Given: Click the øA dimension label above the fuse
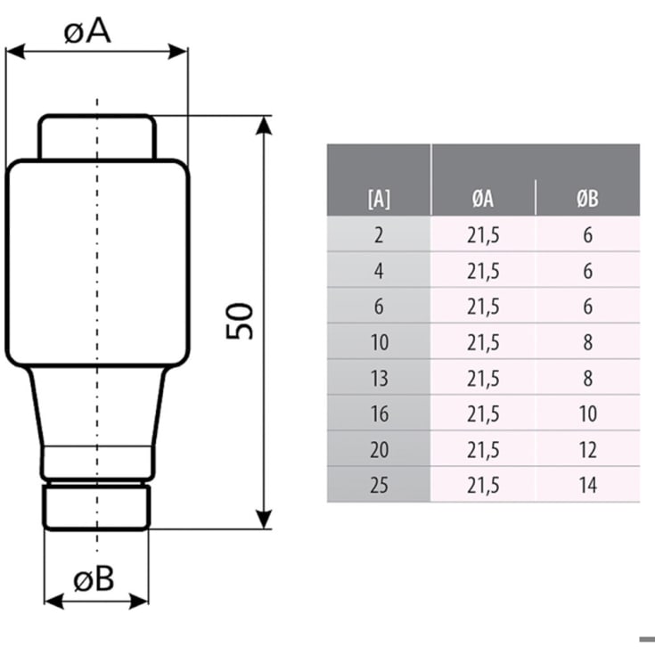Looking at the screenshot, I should coord(87,31).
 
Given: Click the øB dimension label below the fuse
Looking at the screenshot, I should coord(93,580).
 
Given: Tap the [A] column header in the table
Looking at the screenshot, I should coord(379,199).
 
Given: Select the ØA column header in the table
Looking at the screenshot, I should coord(482,199).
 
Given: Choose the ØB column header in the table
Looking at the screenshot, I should coord(587,199).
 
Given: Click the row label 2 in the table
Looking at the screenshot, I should coord(379,235).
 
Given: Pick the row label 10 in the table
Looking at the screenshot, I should coord(379,342).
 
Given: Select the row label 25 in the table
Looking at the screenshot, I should coord(379,485).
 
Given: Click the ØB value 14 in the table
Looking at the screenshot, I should coord(587,485).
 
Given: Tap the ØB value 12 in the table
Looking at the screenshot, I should coord(587,449).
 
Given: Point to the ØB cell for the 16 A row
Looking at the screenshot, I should coord(587,413).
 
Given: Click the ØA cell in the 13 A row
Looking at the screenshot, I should coord(482,378).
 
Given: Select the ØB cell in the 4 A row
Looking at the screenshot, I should coord(587,271).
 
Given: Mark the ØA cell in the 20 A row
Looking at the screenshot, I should coord(482,449).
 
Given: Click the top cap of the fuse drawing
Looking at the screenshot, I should coord(96,137).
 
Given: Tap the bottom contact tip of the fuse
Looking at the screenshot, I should coord(96,506).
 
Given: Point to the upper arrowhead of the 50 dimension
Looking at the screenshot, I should coord(264,125).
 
